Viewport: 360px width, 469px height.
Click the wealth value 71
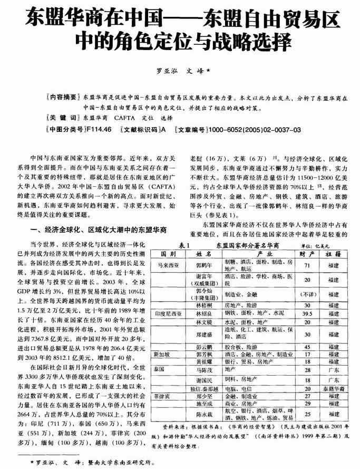(x=307, y=265)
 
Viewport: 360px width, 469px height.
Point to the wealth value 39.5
(x=307, y=313)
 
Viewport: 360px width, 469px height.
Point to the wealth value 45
(x=307, y=347)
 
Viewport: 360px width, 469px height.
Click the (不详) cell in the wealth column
(x=307, y=294)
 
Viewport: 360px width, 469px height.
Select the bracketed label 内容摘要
(x=63, y=98)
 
